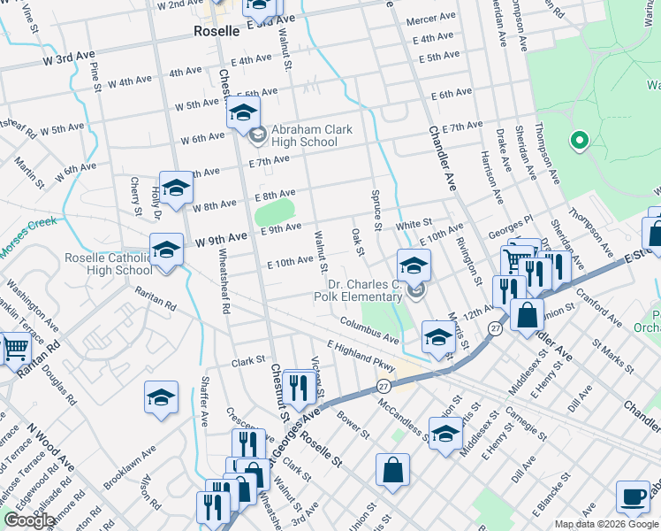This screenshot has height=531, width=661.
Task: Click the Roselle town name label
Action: (x=217, y=31)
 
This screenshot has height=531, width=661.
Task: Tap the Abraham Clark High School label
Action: (x=311, y=135)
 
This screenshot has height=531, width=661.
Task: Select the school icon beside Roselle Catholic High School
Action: (x=166, y=250)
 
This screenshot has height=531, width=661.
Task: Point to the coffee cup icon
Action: (x=633, y=498)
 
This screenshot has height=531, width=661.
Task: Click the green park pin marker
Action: (x=580, y=141)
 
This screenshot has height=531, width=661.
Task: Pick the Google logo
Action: (x=29, y=520)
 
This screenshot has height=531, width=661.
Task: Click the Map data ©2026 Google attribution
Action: (x=605, y=524)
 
